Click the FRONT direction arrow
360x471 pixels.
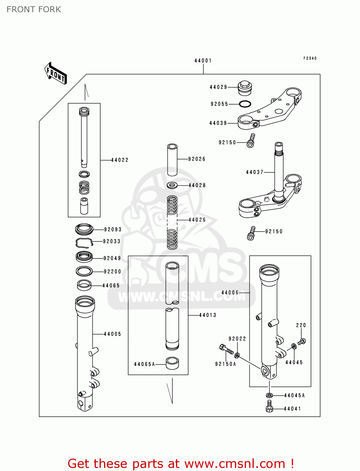(x=56, y=74)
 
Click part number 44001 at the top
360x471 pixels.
(x=203, y=61)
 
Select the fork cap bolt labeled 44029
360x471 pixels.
(x=244, y=88)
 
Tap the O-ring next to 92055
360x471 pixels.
(x=245, y=104)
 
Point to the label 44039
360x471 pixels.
(x=218, y=123)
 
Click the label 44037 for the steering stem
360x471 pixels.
(x=254, y=172)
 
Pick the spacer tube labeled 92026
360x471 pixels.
(x=172, y=160)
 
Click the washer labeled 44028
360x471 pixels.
(x=172, y=185)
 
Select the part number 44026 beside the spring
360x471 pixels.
(x=197, y=220)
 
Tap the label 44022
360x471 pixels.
(x=120, y=160)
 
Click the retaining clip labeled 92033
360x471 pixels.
(x=84, y=242)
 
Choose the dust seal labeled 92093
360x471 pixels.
(x=84, y=229)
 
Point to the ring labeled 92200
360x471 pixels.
(x=84, y=271)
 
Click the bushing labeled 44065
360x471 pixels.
(x=84, y=285)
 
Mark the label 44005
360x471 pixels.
(x=112, y=334)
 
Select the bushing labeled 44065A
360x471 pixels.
(x=172, y=363)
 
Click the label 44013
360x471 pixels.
(x=208, y=315)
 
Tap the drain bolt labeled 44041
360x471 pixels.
(x=269, y=406)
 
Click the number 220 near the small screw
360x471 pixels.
(x=301, y=325)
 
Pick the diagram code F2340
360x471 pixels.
(x=310, y=58)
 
